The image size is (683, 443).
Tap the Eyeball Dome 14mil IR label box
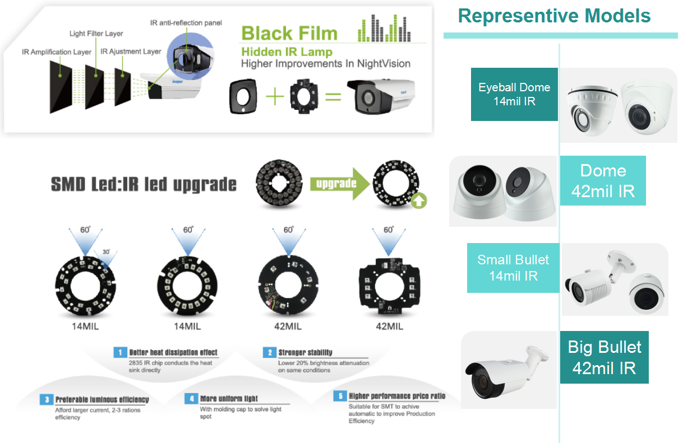point(514,94)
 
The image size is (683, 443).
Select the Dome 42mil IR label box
point(603,180)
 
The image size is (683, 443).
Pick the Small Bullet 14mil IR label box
point(513,268)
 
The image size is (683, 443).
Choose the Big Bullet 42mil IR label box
point(604,357)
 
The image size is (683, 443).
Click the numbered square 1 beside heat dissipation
point(119,352)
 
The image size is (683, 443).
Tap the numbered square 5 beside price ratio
point(339,396)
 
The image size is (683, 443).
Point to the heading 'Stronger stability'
point(305,352)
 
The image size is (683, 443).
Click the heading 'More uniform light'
point(229,399)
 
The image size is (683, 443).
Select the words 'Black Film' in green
point(289,33)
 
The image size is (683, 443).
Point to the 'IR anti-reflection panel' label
point(186,23)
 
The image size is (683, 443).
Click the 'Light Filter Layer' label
point(96,34)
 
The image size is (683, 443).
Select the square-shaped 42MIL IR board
point(388,285)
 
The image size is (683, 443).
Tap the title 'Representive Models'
point(554,16)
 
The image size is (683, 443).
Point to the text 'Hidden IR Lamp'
point(286,52)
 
